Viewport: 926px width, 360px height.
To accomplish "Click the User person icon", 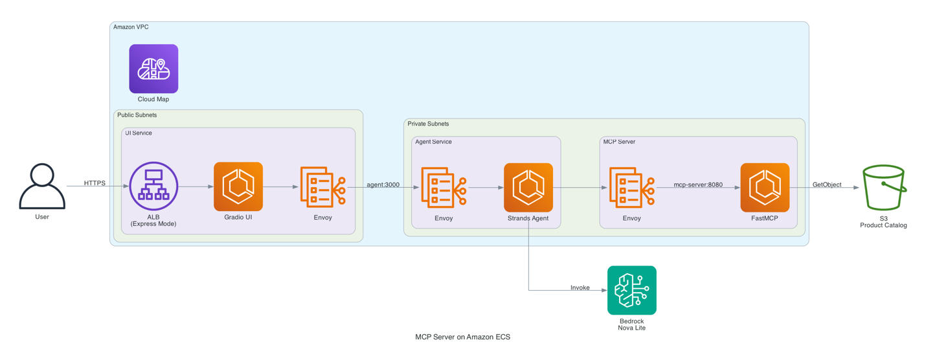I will (x=42, y=186).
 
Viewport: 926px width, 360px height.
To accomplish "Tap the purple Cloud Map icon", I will (x=153, y=69).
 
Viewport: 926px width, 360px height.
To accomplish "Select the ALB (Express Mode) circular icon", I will (x=153, y=186).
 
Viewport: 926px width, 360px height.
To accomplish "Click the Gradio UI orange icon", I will (x=238, y=186).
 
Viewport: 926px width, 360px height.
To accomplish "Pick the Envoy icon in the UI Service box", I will (x=322, y=187).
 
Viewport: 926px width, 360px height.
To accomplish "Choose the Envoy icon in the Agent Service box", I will (x=444, y=188).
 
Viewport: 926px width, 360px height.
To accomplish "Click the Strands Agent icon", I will (x=528, y=188).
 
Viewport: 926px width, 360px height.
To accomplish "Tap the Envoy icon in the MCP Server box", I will (x=631, y=188).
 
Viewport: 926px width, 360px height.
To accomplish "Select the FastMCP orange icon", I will (x=765, y=188).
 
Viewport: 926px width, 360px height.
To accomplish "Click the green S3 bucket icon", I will (x=884, y=188).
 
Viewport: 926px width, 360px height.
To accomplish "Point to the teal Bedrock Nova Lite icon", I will (x=632, y=290).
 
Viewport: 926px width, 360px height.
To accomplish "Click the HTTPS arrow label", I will (x=95, y=183).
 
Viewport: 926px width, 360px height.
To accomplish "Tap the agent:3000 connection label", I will (x=383, y=185).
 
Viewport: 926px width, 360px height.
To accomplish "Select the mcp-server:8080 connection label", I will (x=697, y=185).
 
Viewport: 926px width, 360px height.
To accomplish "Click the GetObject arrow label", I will (x=827, y=185).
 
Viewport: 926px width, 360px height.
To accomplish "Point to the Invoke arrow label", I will (x=580, y=287).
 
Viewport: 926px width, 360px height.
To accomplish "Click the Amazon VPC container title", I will (x=131, y=27).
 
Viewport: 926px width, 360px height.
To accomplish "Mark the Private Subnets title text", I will (x=428, y=124).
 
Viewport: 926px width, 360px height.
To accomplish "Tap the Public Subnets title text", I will (x=137, y=115).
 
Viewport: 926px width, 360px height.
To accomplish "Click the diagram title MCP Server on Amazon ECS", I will (x=462, y=337).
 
